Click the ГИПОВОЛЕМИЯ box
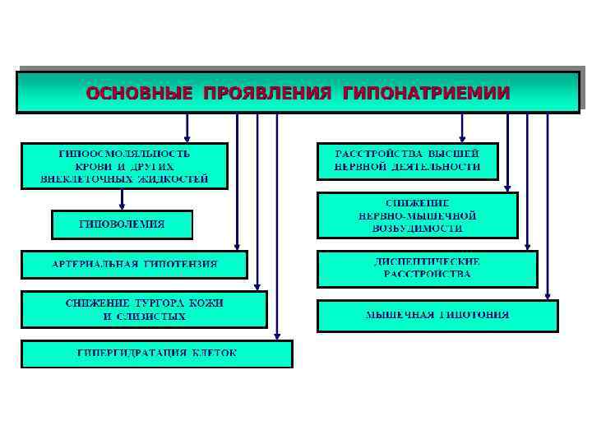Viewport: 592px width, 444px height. [122, 224]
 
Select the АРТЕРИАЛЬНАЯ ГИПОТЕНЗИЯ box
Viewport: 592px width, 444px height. [134, 265]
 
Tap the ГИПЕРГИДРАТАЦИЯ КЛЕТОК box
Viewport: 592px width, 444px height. [156, 354]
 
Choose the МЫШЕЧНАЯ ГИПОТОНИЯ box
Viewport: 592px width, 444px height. [437, 316]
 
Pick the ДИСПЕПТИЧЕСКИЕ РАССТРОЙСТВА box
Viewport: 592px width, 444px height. [427, 268]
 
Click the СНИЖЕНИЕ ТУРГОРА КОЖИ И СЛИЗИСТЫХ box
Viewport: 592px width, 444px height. [144, 309]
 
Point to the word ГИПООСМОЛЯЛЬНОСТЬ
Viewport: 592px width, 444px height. [124, 154]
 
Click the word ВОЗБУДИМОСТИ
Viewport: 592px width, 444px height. [417, 228]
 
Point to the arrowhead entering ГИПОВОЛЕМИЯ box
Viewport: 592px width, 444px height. [122, 206]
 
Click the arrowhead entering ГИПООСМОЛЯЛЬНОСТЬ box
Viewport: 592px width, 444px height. [187, 139]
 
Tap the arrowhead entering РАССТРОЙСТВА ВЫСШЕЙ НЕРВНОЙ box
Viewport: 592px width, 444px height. [462, 139]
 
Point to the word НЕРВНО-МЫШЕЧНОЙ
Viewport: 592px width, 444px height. [417, 215]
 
